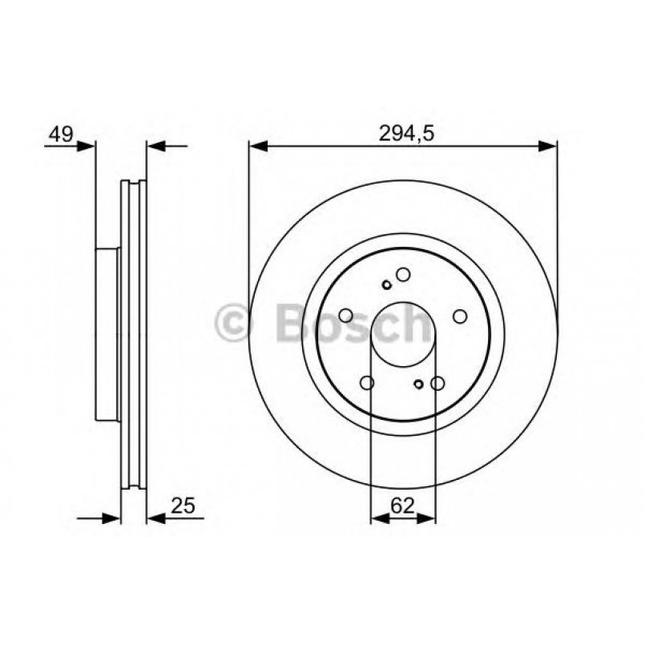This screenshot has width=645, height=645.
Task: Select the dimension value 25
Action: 183,506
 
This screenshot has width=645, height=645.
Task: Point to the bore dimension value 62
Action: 402,506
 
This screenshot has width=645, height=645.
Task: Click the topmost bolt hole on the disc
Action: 403,276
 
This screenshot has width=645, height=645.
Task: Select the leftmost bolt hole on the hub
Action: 347,316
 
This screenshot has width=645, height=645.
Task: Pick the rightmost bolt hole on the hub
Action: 459,316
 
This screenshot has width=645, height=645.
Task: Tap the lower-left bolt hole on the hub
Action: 368,384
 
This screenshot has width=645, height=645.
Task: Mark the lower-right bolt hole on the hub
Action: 437,384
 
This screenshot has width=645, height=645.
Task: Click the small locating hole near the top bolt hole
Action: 387,284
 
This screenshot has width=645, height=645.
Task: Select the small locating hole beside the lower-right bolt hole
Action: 418,384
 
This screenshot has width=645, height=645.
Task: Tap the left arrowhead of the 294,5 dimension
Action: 257,146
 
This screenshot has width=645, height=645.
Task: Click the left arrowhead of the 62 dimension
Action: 378,519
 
